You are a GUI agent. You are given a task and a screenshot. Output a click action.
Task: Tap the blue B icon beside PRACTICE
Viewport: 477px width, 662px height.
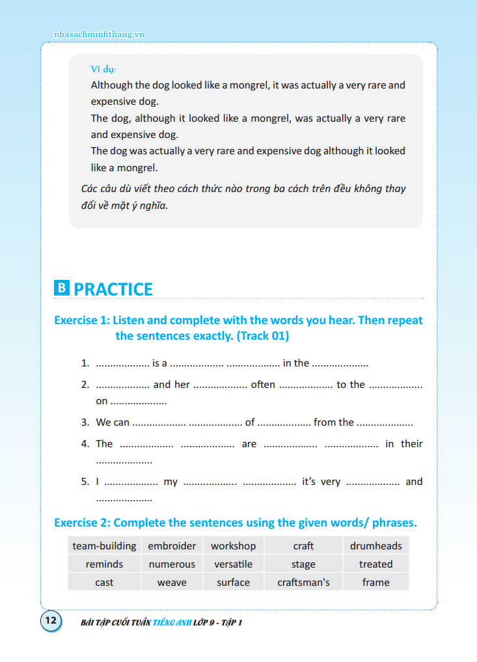(x=62, y=288)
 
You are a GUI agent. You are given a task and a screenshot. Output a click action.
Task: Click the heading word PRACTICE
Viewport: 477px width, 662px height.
(x=113, y=289)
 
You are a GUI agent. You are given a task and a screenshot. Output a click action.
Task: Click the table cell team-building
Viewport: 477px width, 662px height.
(x=104, y=546)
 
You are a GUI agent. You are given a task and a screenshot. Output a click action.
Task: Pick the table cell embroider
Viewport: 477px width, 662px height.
(x=172, y=546)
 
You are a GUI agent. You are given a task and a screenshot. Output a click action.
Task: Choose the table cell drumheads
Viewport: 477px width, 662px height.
(x=375, y=546)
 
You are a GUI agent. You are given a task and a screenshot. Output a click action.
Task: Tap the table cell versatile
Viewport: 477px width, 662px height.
(x=233, y=564)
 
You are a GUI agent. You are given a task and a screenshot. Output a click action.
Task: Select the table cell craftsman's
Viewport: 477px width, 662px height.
(x=303, y=583)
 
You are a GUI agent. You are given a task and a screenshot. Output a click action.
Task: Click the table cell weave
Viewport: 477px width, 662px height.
(x=172, y=583)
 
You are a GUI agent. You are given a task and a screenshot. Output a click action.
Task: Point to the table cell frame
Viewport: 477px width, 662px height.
(x=375, y=583)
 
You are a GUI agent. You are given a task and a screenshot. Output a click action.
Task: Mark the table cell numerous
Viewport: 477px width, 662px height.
(x=172, y=564)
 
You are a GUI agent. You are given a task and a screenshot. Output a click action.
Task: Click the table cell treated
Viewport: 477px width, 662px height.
(x=375, y=564)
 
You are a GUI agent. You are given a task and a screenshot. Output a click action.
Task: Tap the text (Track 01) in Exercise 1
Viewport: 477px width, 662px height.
(x=263, y=336)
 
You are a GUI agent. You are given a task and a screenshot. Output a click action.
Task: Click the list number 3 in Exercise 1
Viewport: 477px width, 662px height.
(x=85, y=422)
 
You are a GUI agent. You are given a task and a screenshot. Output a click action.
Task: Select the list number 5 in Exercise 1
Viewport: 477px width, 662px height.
(x=85, y=482)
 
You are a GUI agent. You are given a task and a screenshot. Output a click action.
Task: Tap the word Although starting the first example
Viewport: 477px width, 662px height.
(x=111, y=85)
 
